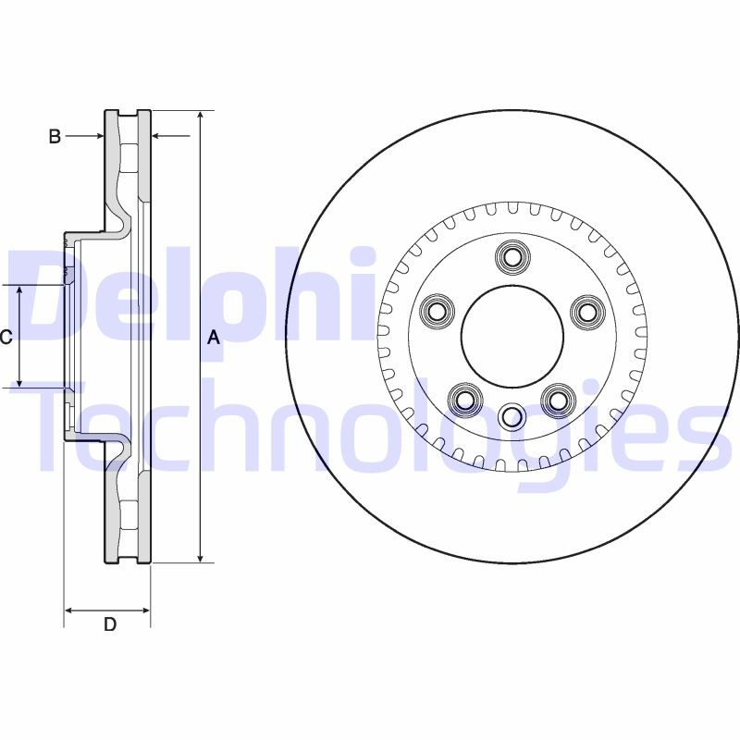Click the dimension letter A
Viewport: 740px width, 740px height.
coord(214,339)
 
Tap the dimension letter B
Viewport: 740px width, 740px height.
coord(55,137)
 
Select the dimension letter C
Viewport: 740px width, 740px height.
coord(6,338)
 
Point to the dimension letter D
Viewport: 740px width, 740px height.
coord(109,624)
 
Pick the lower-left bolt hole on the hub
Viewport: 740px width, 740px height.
coord(464,399)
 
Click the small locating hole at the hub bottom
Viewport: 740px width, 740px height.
coord(511,417)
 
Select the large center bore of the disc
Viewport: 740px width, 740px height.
coord(511,337)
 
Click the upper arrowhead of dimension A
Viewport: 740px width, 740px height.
coord(200,116)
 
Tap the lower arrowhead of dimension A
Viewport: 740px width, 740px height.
coord(200,557)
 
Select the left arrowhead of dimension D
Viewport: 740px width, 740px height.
coord(69,610)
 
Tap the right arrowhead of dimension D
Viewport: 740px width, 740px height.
coord(144,610)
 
